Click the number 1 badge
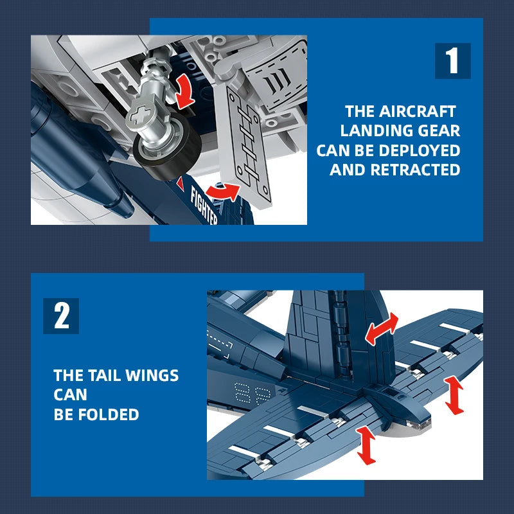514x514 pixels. click(452, 61)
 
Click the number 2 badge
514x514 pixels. click(61, 315)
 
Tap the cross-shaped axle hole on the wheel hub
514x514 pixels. click(141, 120)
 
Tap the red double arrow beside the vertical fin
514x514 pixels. click(382, 330)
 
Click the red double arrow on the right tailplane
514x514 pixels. click(454, 394)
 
